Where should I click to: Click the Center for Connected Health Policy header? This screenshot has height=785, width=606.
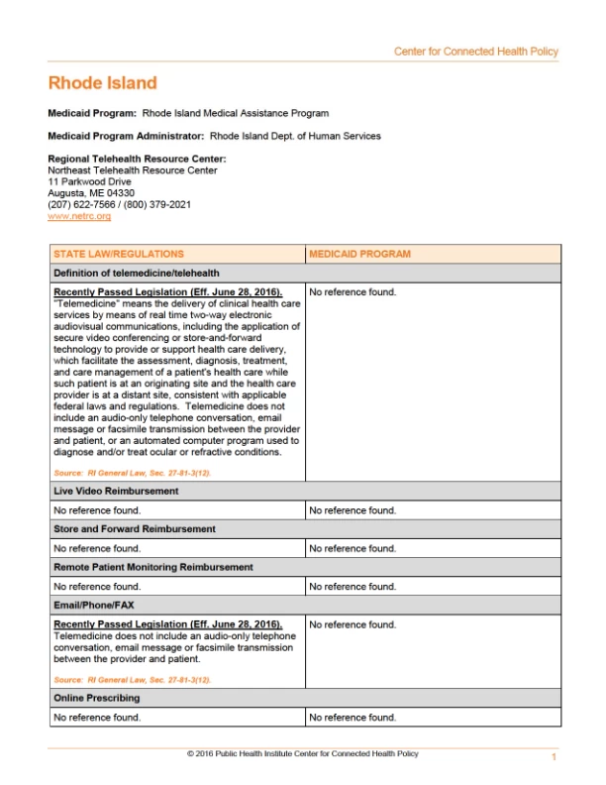[475, 52]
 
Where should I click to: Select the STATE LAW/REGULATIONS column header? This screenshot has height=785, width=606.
[119, 254]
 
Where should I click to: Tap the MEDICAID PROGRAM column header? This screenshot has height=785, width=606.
[359, 254]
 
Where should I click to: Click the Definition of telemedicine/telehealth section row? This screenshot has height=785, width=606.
[137, 273]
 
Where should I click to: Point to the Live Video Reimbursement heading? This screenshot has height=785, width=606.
[116, 491]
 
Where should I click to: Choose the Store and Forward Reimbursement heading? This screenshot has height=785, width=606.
[134, 529]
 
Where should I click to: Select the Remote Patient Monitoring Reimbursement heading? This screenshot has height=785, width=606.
[153, 567]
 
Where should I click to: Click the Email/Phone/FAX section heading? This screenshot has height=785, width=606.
[94, 605]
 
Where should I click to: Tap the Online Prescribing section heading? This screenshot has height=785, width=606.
[97, 699]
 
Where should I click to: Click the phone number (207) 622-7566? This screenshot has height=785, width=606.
[83, 204]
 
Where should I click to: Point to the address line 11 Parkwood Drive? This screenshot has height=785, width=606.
[89, 182]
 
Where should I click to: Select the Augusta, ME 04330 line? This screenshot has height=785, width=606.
[91, 193]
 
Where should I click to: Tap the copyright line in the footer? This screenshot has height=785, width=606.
[303, 754]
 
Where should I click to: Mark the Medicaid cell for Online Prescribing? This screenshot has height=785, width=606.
[353, 718]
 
